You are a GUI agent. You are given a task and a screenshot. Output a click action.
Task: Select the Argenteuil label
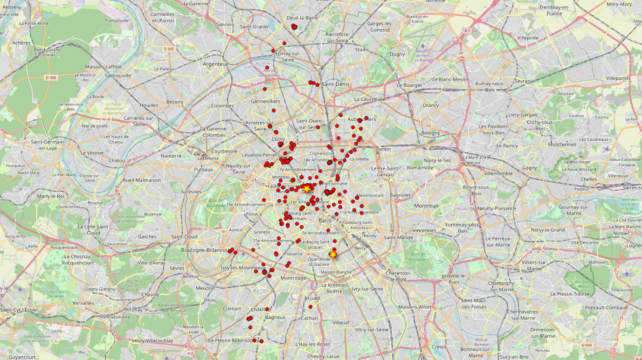point(216,64)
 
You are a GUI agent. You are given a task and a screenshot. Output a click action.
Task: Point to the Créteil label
point(439,346)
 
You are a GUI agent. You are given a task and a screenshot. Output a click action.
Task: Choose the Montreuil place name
point(426,206)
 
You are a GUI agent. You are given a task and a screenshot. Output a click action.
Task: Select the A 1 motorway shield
point(468,30)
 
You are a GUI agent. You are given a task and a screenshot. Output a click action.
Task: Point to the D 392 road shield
point(169,48)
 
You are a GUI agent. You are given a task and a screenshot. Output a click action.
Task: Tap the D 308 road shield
point(50,77)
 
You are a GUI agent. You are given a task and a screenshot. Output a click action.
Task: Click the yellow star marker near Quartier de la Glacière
point(333,254)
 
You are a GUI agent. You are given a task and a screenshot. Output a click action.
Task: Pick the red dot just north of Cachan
point(311,307)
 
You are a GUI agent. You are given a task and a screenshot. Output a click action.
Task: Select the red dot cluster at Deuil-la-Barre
point(294,27)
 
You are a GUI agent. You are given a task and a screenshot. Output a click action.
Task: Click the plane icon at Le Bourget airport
point(422,46)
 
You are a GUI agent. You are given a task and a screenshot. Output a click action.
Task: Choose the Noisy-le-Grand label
point(548,229)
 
